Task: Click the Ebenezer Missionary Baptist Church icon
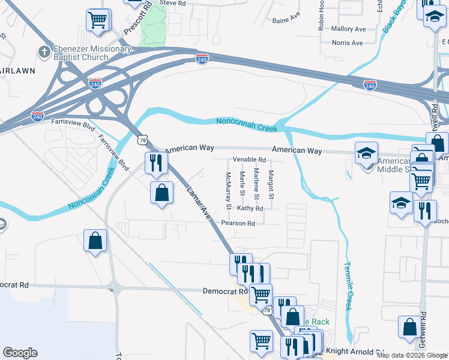coord(43,52)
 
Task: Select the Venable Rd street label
coord(249,160)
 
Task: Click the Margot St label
coord(271,185)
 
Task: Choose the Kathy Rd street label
coord(250,208)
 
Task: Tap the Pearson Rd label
coord(238,223)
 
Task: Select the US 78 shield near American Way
coord(142,140)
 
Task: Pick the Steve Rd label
coord(172,3)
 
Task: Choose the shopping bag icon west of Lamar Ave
coord(161,193)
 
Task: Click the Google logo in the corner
coord(20,353)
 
